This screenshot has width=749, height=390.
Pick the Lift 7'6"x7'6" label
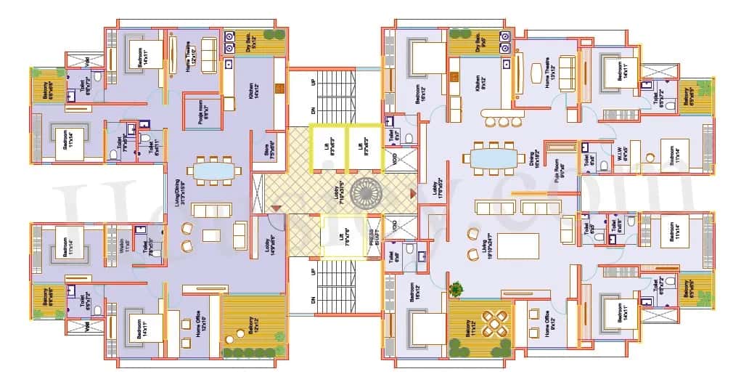340,237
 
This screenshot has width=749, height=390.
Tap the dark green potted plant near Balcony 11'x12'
455,289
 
